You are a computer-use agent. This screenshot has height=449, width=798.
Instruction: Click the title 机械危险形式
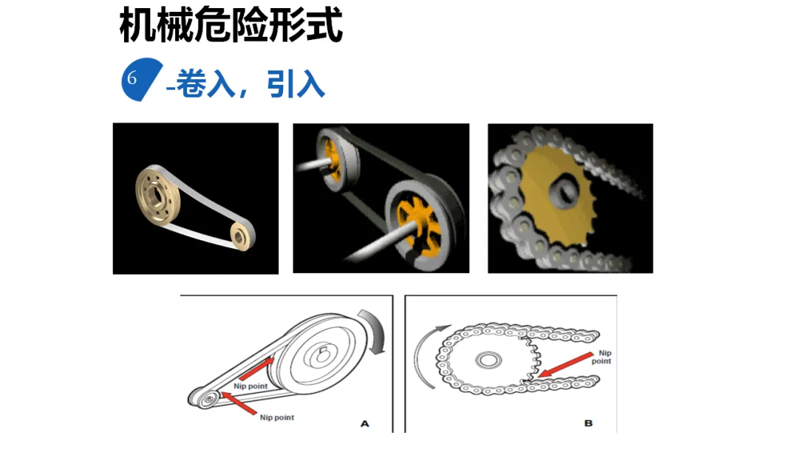tap(231, 27)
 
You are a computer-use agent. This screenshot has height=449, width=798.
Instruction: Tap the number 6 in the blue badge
tap(133, 78)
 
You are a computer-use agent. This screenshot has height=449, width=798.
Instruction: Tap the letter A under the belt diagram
tap(364, 424)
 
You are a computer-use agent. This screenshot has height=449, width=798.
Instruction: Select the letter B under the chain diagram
tap(588, 424)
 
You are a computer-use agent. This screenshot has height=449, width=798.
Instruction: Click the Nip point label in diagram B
tap(603, 357)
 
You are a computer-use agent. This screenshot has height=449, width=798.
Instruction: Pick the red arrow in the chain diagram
tap(565, 366)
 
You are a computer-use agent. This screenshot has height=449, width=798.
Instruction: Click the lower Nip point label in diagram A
tap(277, 418)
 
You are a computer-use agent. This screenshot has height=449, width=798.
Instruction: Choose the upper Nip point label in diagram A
tap(250, 385)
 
